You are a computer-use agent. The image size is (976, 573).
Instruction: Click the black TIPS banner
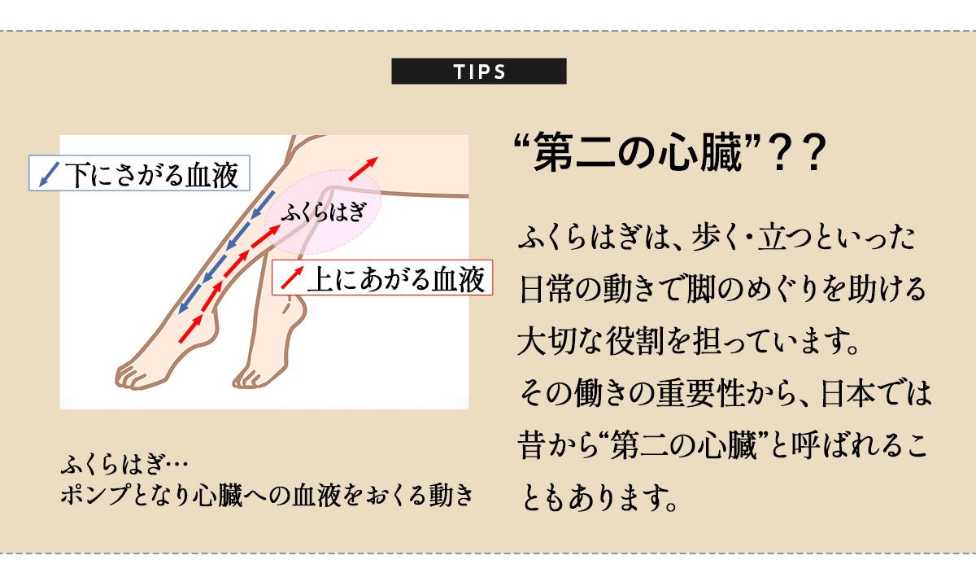pyautogui.click(x=479, y=72)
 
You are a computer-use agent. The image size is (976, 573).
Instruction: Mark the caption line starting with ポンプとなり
pyautogui.click(x=266, y=496)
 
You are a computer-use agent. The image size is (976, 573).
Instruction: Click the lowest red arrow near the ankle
pyautogui.click(x=191, y=327)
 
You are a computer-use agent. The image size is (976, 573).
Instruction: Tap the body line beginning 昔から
pyautogui.click(x=722, y=445)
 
